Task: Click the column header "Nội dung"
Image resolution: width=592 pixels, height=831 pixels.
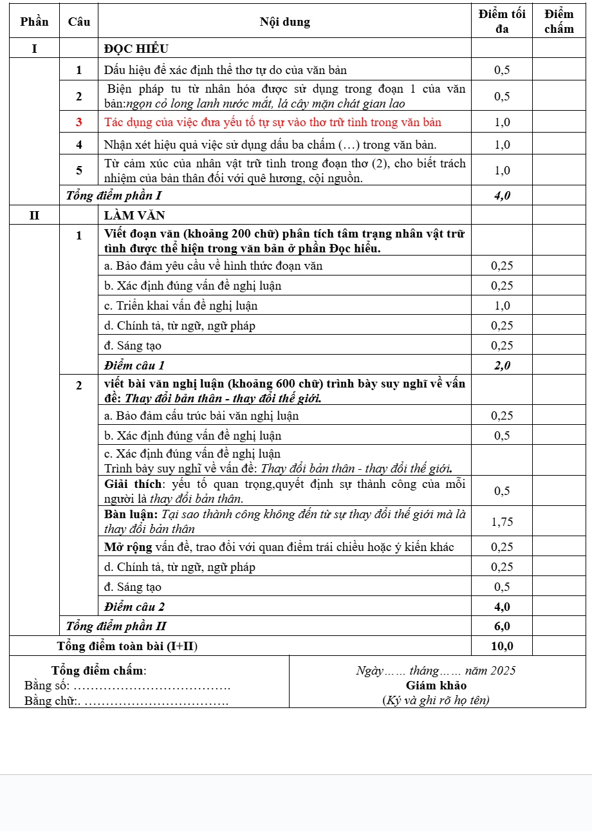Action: click(284, 22)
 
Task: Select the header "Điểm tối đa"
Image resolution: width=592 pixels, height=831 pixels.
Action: click(502, 21)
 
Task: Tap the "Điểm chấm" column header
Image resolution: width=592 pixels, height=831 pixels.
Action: click(559, 21)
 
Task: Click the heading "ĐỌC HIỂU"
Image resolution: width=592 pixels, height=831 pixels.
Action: click(136, 49)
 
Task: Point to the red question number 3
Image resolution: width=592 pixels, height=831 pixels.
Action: click(79, 122)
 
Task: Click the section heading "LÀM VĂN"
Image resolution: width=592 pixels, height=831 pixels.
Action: click(134, 216)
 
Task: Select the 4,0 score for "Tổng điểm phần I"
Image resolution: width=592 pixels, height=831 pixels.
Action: click(502, 195)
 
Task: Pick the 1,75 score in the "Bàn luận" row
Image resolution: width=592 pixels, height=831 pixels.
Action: click(502, 521)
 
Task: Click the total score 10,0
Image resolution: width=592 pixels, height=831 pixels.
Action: click(502, 646)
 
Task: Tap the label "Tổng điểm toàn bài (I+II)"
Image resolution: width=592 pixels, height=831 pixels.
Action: click(127, 646)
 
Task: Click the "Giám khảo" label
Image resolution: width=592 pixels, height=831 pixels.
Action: click(436, 686)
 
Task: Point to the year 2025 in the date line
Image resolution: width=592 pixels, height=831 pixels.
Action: click(503, 671)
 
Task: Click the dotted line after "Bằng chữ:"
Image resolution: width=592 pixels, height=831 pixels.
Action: click(157, 700)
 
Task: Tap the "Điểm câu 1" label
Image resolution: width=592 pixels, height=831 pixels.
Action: click(134, 366)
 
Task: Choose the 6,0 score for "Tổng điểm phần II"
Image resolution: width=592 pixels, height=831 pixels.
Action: click(502, 626)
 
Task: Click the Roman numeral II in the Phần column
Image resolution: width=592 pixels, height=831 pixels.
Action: click(34, 216)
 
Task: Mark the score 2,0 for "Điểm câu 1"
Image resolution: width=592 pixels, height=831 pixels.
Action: click(502, 366)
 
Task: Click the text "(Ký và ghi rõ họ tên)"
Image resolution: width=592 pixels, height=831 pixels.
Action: click(436, 700)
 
